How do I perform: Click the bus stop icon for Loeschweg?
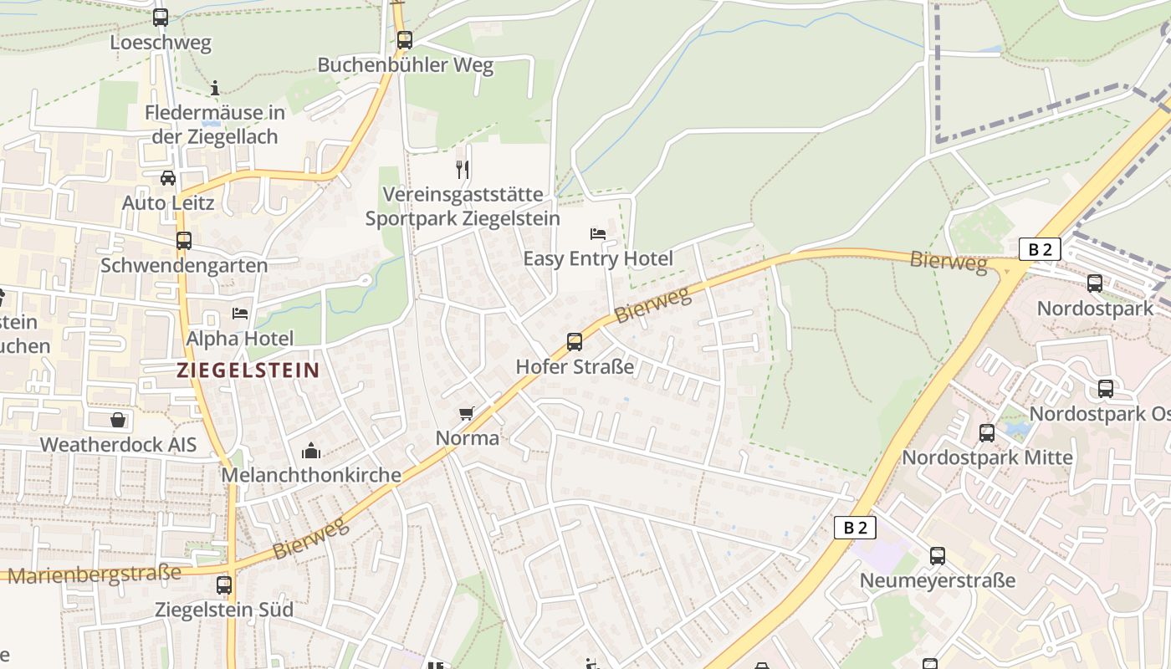pos(160,17)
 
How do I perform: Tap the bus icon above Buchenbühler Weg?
pos(405,39)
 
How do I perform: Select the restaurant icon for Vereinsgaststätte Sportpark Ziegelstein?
pos(463,169)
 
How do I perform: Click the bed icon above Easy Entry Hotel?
pos(597,233)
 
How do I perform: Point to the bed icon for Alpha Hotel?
pos(240,314)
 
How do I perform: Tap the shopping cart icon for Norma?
pos(467,413)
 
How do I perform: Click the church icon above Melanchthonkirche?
pos(311,451)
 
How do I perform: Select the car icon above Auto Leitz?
pos(168,178)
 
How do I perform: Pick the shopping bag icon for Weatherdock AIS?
pos(118,420)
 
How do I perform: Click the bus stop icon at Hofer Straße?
pos(574,341)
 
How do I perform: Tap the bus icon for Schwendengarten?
pos(184,241)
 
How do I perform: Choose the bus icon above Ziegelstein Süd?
pos(224,585)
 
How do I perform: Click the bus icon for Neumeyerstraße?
pos(937,556)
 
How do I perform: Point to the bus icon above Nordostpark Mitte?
pos(987,433)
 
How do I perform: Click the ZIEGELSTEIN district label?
pos(248,370)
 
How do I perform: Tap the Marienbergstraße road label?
pos(94,575)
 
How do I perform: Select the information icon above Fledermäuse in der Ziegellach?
pos(215,88)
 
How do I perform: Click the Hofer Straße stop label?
pos(575,366)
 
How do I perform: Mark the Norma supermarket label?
pos(468,437)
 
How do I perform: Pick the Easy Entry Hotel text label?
pos(597,258)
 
